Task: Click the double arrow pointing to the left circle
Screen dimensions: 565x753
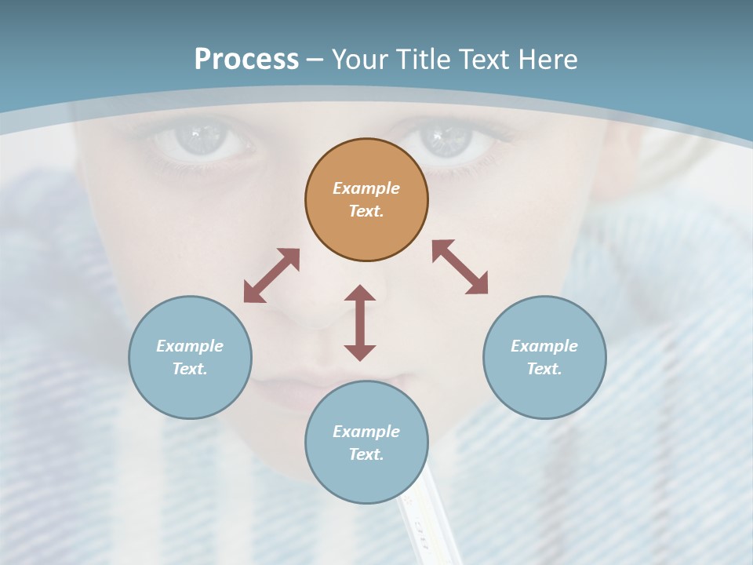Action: [x=271, y=275]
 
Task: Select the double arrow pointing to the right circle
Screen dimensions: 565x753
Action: [x=460, y=267]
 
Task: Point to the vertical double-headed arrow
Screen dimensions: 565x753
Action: [x=360, y=323]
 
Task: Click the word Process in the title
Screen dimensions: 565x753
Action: [x=246, y=60]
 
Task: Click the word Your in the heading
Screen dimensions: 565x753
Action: [x=359, y=60]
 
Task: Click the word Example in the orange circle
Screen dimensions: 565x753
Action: [x=366, y=188]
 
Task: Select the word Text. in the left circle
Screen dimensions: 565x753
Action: [x=190, y=369]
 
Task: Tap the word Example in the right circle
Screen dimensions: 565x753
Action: [x=544, y=346]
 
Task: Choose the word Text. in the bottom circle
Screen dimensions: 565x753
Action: [x=366, y=454]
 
